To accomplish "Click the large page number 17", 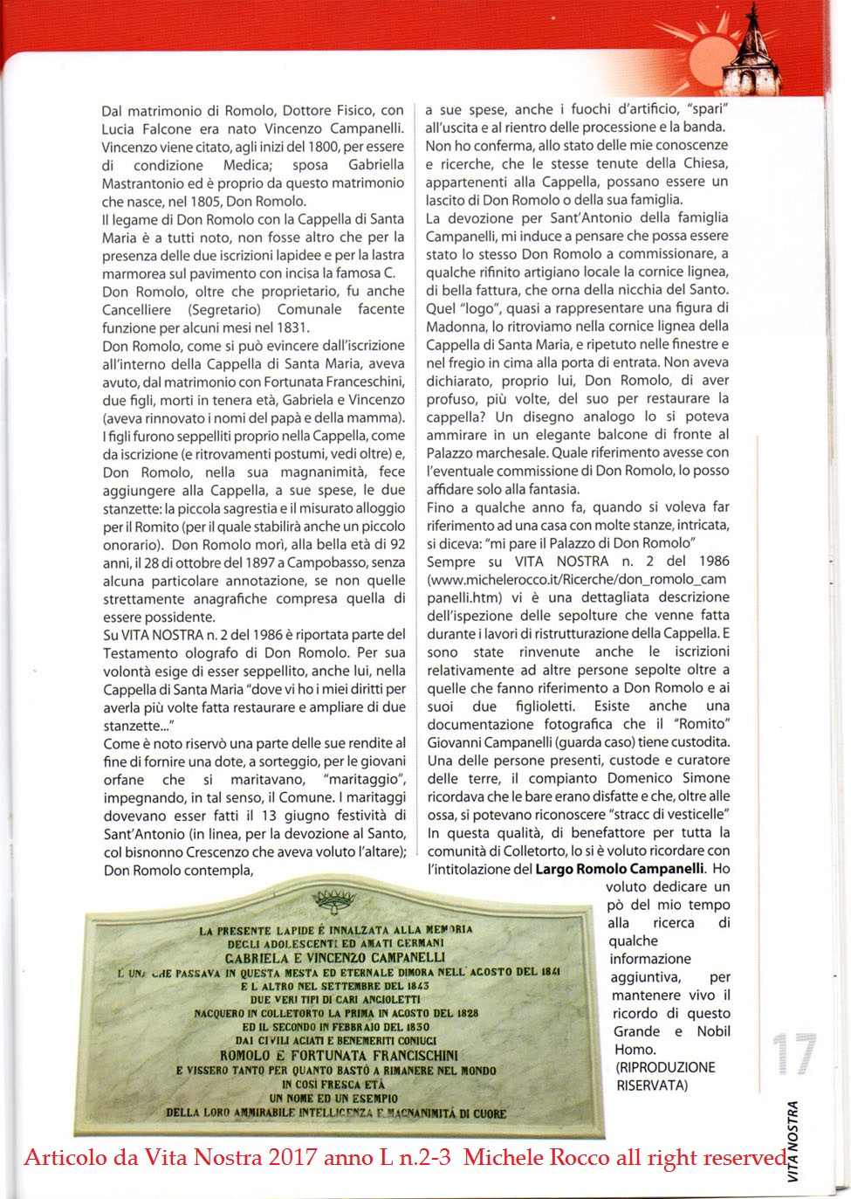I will (794, 1055).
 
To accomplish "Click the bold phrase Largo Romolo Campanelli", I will (619, 869).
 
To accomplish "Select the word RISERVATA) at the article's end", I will (652, 1085).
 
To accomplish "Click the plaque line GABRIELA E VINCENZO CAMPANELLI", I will (335, 957).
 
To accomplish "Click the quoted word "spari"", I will (708, 109).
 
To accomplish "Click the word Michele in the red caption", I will (501, 1158).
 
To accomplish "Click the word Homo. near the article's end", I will (634, 1050).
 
